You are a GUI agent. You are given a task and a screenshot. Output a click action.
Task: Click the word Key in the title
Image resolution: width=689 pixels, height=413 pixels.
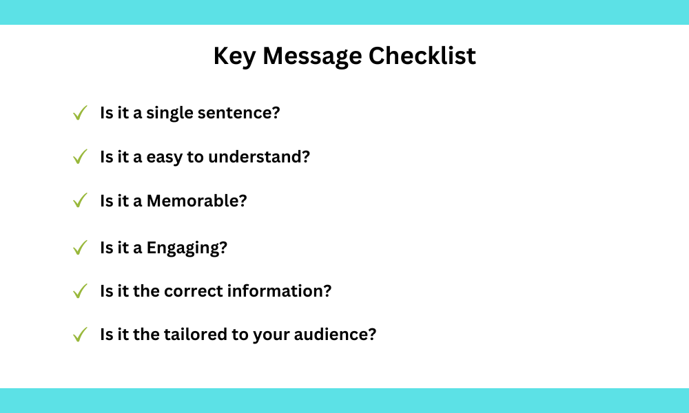pos(234,57)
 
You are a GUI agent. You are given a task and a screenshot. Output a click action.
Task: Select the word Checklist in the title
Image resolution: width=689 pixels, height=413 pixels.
pos(422,56)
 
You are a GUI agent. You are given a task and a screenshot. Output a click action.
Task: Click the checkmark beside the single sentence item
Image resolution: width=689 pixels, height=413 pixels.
pos(80,113)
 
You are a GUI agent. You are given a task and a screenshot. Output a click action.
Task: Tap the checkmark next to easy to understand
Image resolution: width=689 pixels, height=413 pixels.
pos(80,157)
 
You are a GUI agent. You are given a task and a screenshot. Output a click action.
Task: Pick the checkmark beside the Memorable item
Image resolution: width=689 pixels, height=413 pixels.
pos(80,200)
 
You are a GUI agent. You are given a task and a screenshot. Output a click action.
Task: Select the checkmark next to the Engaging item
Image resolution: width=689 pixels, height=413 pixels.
pos(80,248)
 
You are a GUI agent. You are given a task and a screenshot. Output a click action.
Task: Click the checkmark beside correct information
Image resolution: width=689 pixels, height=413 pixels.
pos(80,291)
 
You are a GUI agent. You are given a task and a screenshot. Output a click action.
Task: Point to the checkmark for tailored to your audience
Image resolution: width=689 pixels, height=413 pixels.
pos(80,335)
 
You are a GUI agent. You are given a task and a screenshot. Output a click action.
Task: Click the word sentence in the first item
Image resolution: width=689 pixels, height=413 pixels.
pos(238,113)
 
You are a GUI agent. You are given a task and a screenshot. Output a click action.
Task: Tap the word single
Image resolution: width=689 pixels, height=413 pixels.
pos(169,114)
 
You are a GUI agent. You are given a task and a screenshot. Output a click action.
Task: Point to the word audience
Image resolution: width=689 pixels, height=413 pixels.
pos(336,335)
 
